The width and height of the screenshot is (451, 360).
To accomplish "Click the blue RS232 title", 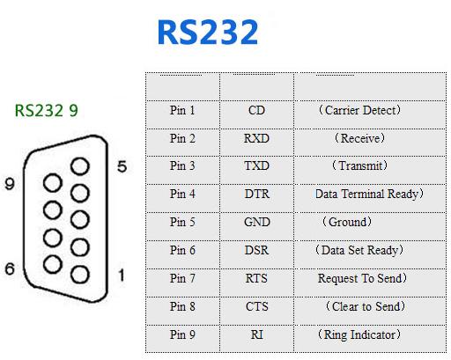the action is [208, 32].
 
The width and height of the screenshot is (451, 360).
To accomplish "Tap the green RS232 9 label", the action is [47, 111].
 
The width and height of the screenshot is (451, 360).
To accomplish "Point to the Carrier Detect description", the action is [359, 110].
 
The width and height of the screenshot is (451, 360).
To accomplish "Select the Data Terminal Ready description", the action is [369, 194].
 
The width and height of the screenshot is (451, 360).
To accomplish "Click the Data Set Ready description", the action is [359, 250].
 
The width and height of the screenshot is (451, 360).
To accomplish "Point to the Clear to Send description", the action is [366, 306].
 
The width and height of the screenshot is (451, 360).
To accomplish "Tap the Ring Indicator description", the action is [359, 334].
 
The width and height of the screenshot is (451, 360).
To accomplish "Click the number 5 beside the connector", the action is [122, 166].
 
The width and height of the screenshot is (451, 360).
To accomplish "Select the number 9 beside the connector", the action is [10, 184].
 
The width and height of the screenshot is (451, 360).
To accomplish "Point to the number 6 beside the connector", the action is [10, 268].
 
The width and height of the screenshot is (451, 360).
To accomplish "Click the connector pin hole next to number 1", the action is [80, 275].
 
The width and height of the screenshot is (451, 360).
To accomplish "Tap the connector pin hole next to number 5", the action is [80, 166].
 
